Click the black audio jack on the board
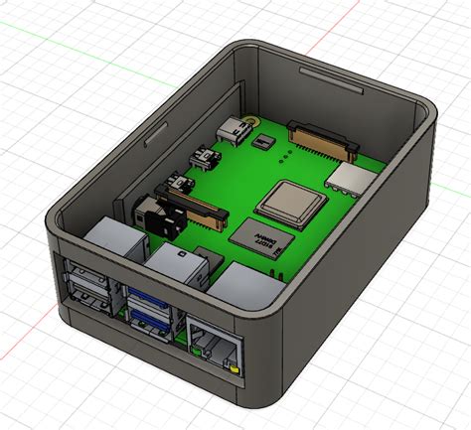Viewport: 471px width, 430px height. click(x=149, y=210)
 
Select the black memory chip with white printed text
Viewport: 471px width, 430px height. click(x=255, y=234)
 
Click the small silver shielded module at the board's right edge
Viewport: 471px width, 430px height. click(x=351, y=179)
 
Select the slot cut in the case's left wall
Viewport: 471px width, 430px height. click(x=157, y=129)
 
